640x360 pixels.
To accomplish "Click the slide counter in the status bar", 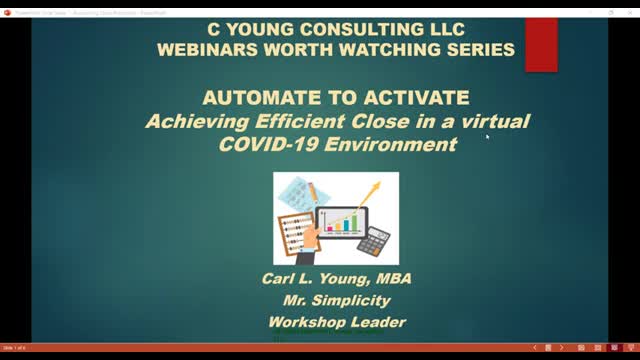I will coord(13,347).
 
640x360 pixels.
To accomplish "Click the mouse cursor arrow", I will coord(487,137).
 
